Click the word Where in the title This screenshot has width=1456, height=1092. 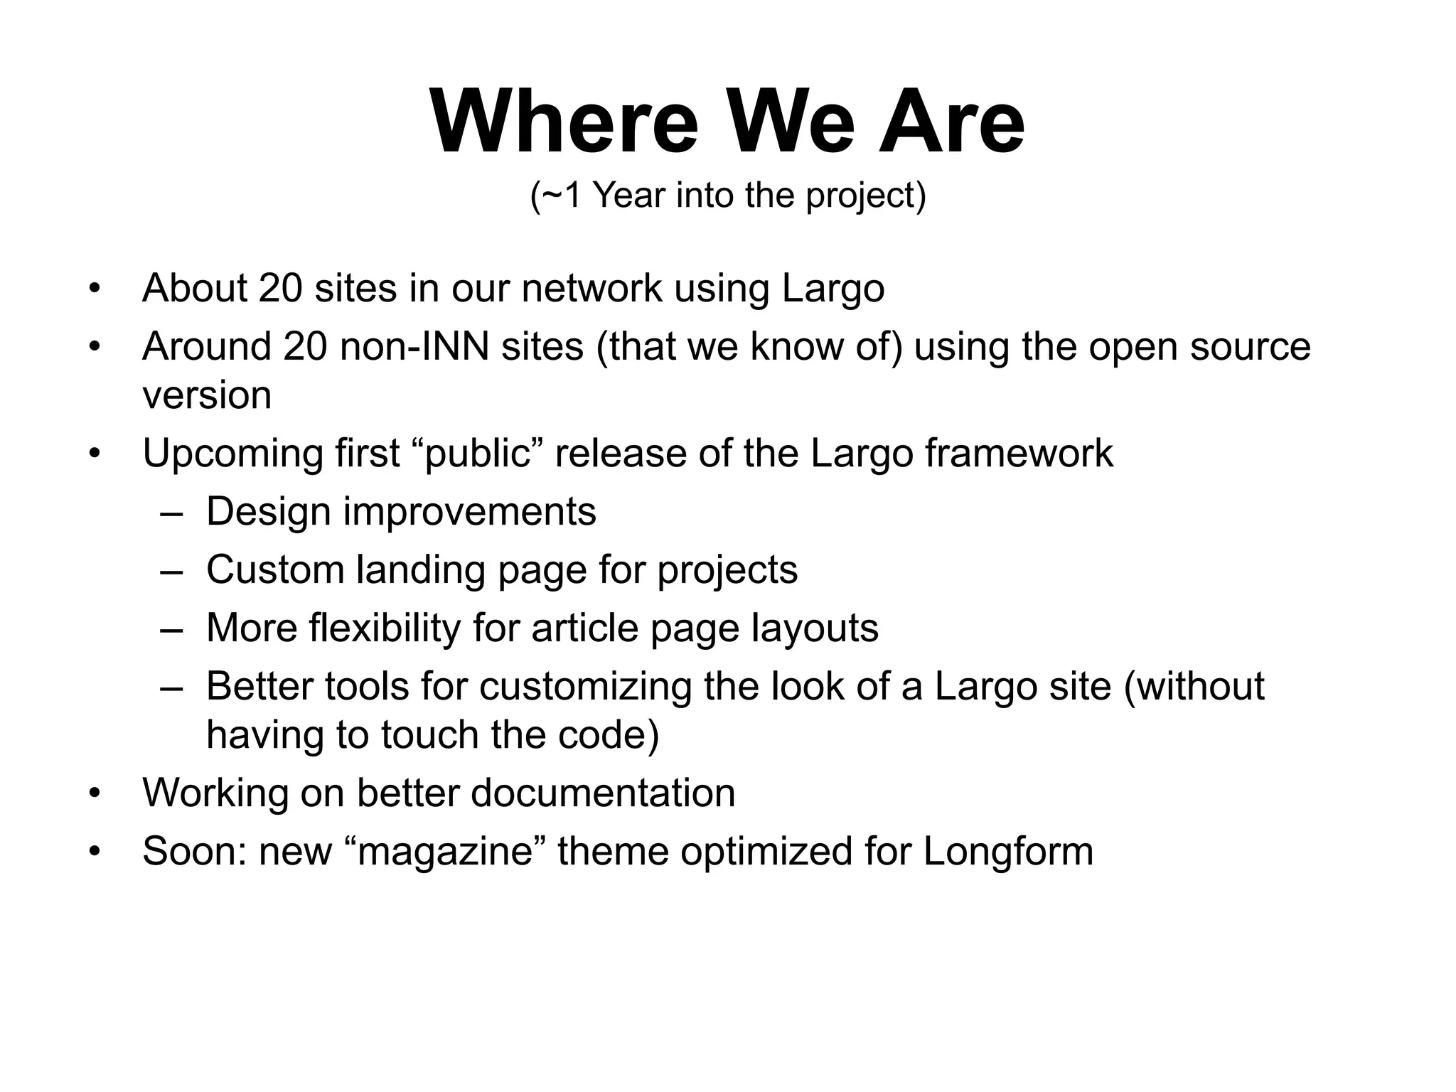564,122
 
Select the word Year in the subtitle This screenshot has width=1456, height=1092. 629,196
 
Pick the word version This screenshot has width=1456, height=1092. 207,396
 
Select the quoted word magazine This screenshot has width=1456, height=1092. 445,852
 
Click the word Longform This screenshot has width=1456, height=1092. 1007,852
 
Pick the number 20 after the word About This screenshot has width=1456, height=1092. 280,289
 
